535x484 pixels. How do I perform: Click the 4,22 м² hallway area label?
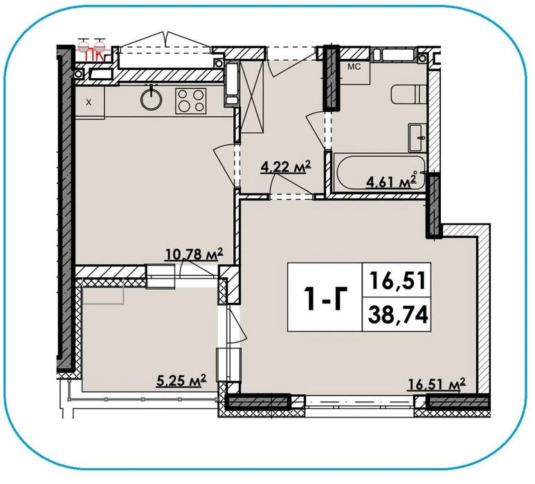pos(286,167)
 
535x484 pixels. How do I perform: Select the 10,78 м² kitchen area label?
pos(194,254)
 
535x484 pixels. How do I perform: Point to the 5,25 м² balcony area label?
pos(181,380)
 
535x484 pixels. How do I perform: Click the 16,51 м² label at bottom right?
pos(437,385)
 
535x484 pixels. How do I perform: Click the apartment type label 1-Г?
pos(325,298)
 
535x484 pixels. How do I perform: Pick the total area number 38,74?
pos(397,315)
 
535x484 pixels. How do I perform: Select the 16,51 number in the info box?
pos(397,281)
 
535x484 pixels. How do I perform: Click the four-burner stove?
pos(191,101)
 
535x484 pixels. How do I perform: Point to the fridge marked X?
pos(89,102)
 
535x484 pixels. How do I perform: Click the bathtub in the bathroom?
pos(380,173)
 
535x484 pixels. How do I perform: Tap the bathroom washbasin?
pos(416,138)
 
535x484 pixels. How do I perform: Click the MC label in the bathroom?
pos(354,67)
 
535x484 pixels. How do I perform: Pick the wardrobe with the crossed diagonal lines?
pos(252,97)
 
